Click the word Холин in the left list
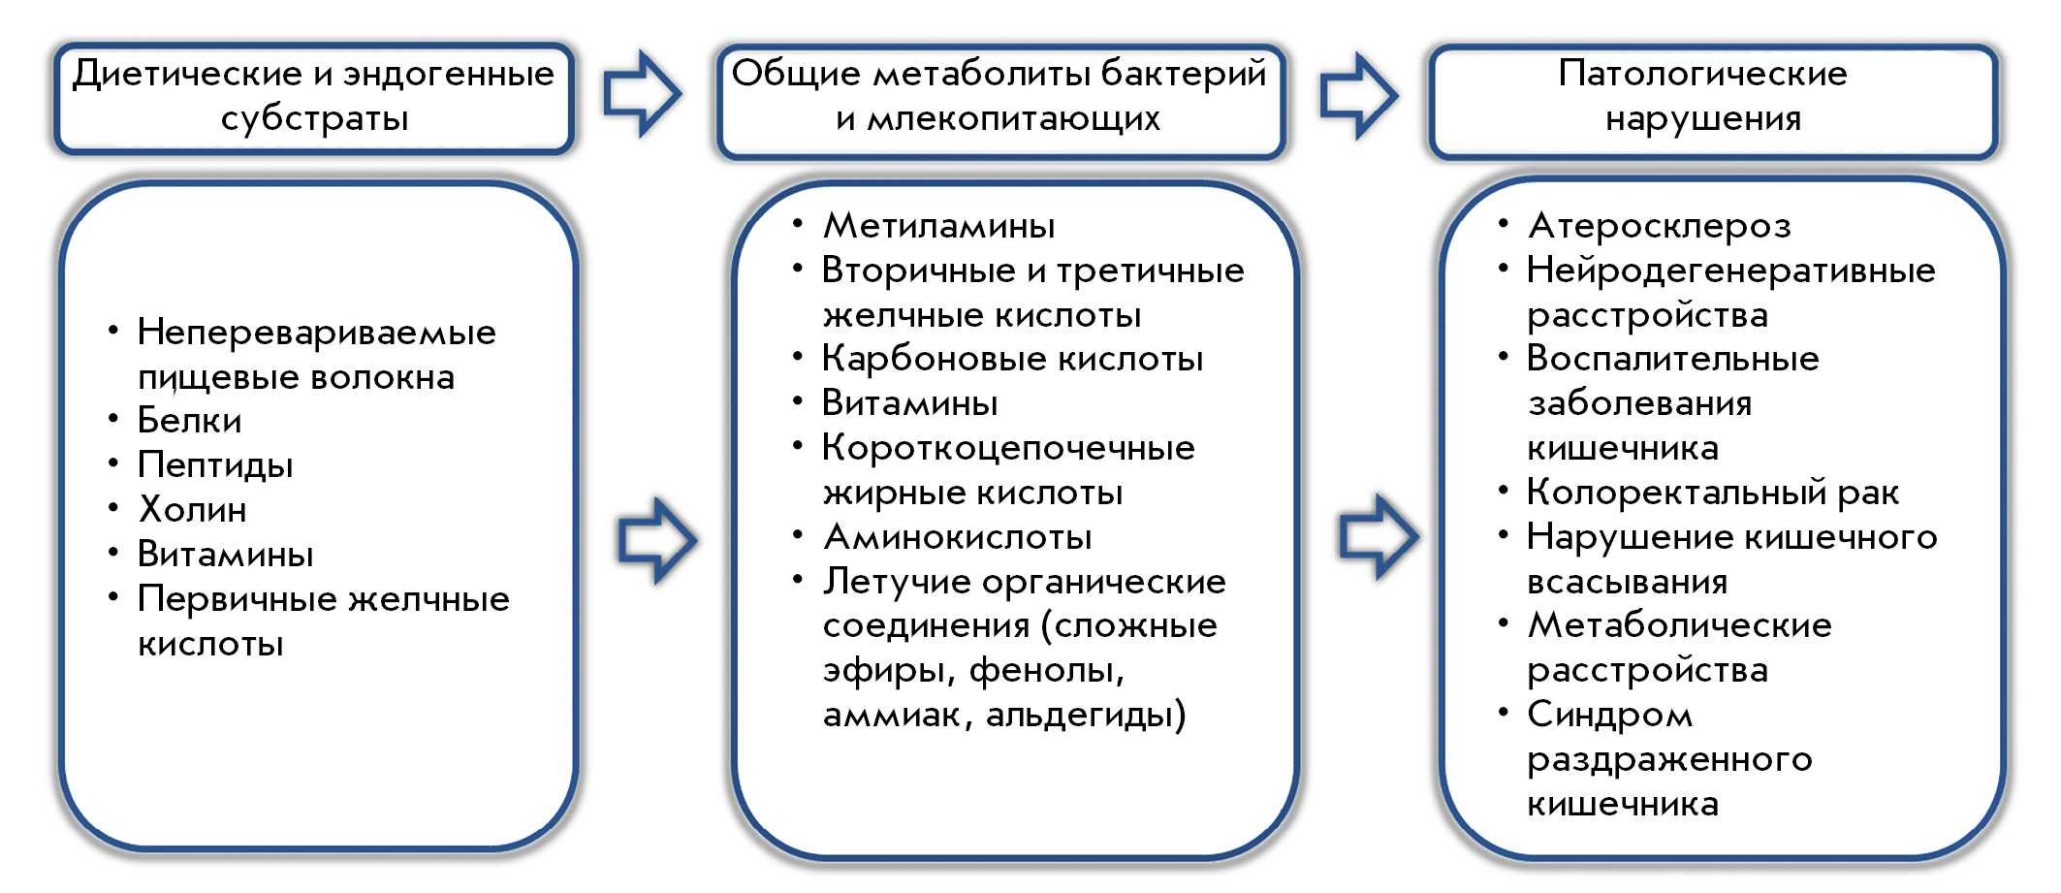(x=193, y=509)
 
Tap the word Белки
(x=189, y=420)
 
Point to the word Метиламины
(x=939, y=226)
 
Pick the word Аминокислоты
(x=958, y=537)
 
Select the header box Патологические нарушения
(x=1713, y=100)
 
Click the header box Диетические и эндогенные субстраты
(x=314, y=98)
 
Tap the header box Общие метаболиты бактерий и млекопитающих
(x=1000, y=100)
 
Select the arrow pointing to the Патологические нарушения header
(x=1359, y=96)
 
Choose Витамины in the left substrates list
(x=225, y=555)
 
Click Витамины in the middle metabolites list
(x=909, y=403)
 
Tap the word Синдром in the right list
(x=1610, y=716)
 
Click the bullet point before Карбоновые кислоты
(x=798, y=358)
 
